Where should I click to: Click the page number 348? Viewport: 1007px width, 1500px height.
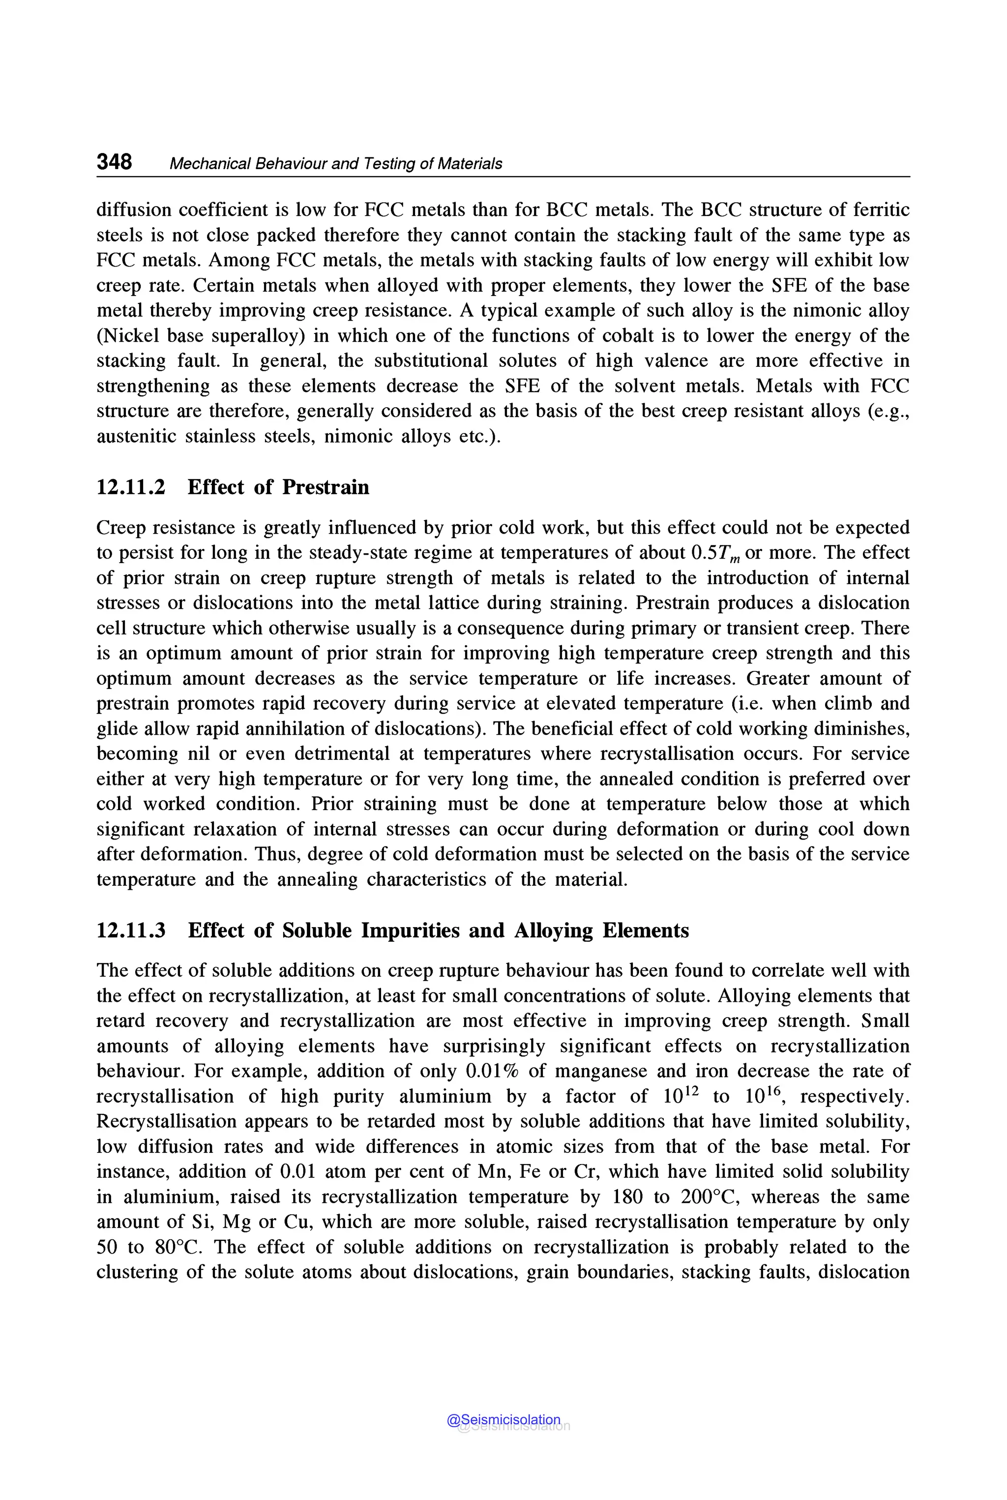click(114, 162)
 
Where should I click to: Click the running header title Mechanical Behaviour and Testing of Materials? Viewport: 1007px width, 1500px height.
click(335, 164)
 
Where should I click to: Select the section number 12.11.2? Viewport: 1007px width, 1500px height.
click(130, 487)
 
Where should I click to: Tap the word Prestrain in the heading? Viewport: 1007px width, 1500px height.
click(326, 487)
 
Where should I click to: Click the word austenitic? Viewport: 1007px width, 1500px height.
click(136, 437)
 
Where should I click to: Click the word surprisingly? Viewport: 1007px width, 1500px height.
click(494, 1046)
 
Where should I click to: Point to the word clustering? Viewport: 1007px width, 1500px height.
click(137, 1272)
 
